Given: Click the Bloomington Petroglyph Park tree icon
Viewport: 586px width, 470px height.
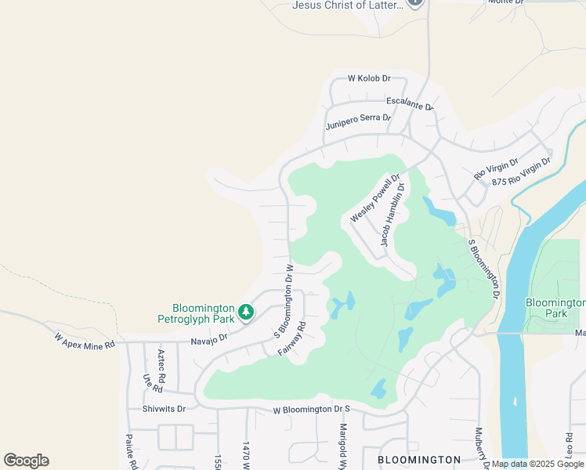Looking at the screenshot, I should pos(246,313).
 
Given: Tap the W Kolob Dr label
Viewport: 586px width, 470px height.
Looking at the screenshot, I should pos(369,78).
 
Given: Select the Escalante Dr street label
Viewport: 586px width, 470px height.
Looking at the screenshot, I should pos(410,103).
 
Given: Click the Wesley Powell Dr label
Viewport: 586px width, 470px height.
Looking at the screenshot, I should pos(375,198).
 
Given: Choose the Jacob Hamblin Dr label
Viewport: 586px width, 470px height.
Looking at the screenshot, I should pos(394,215).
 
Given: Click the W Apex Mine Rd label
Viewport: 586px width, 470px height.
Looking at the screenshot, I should pos(85,340).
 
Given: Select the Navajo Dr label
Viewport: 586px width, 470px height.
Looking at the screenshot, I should pos(208,338).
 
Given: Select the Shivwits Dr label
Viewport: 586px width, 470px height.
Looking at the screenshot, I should pos(165,409).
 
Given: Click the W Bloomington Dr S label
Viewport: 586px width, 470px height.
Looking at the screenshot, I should pos(311,410).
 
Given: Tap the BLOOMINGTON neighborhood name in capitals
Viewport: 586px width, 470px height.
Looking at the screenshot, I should pos(419,459).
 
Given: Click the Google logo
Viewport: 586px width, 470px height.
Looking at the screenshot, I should pos(26,461).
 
